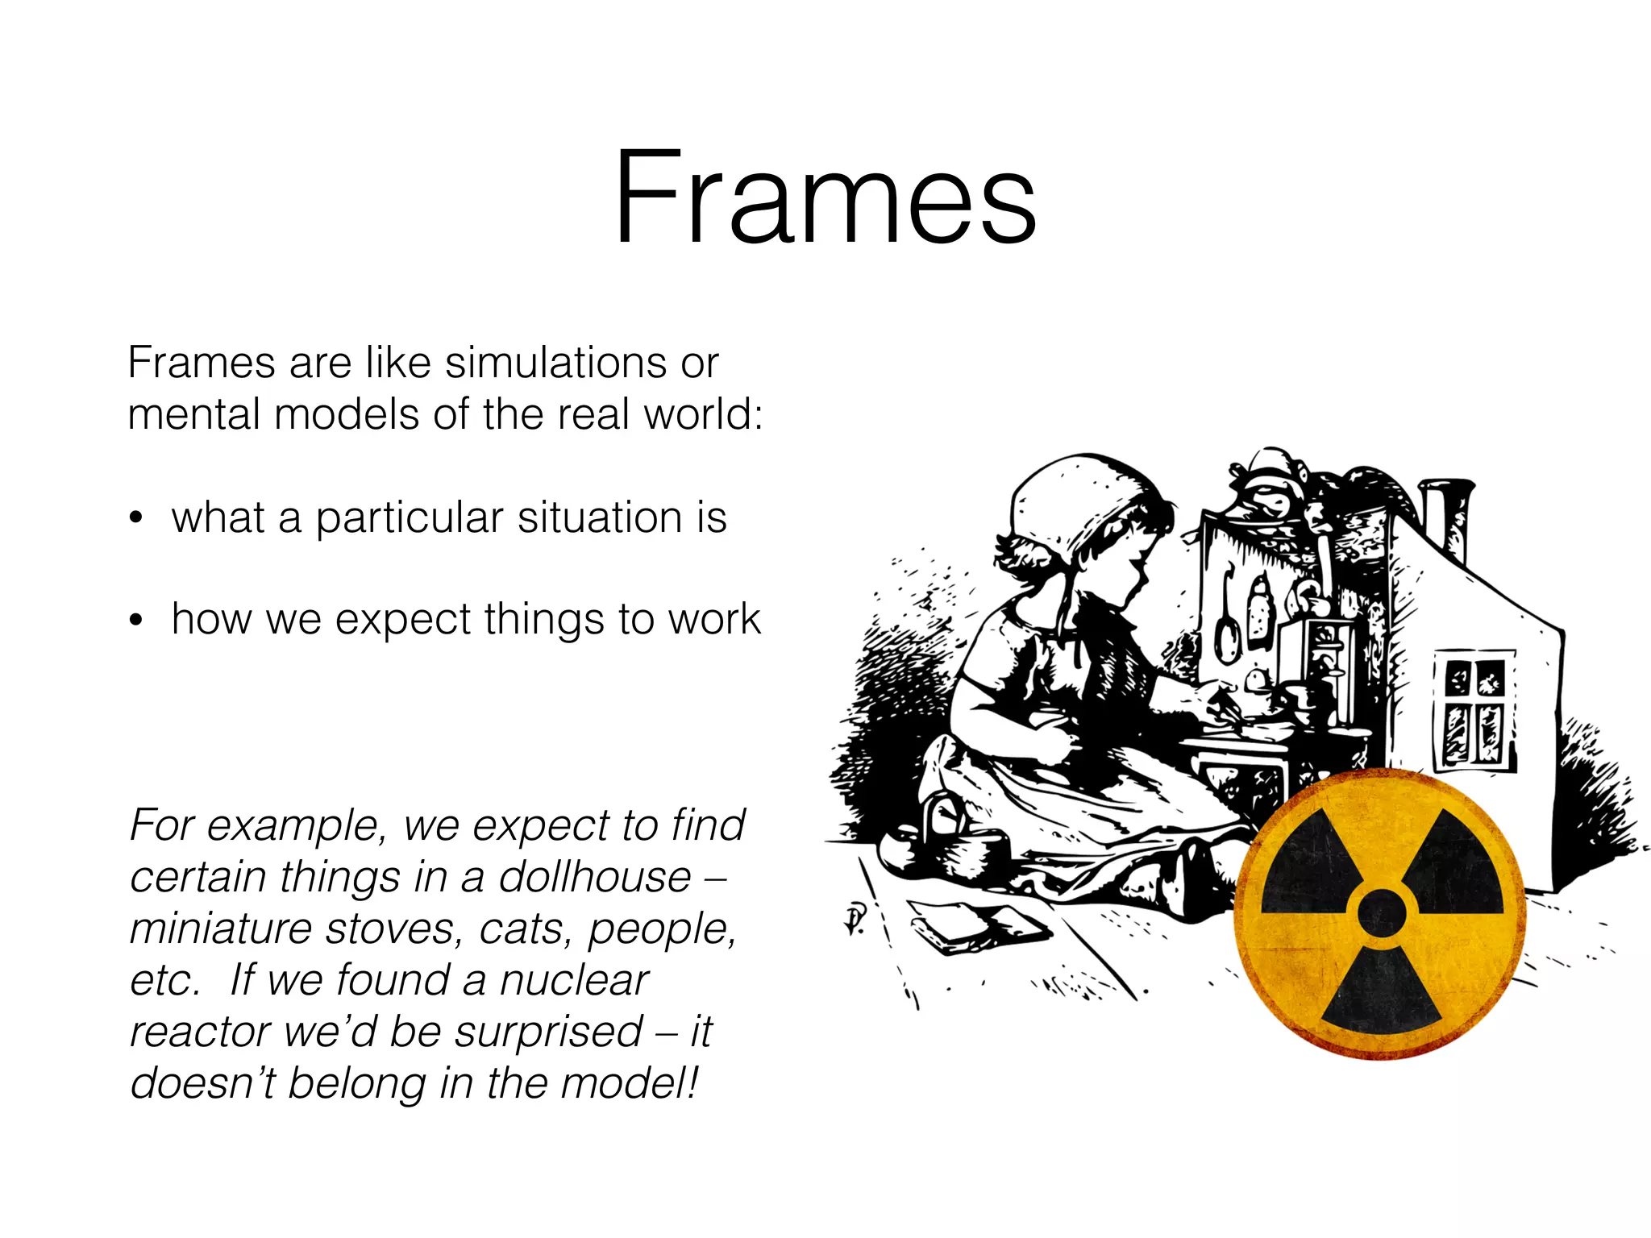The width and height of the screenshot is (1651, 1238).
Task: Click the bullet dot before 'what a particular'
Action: click(136, 519)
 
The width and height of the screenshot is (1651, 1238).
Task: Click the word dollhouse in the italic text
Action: click(595, 877)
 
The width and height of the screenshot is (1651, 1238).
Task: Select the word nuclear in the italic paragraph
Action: click(573, 980)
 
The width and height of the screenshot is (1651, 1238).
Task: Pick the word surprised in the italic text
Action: click(548, 1032)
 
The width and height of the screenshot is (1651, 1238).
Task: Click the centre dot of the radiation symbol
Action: click(1381, 912)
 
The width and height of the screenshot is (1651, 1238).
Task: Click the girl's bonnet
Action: click(1072, 500)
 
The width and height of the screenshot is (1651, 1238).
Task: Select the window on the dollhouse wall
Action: click(1474, 710)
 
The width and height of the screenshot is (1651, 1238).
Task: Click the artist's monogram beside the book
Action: click(855, 919)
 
